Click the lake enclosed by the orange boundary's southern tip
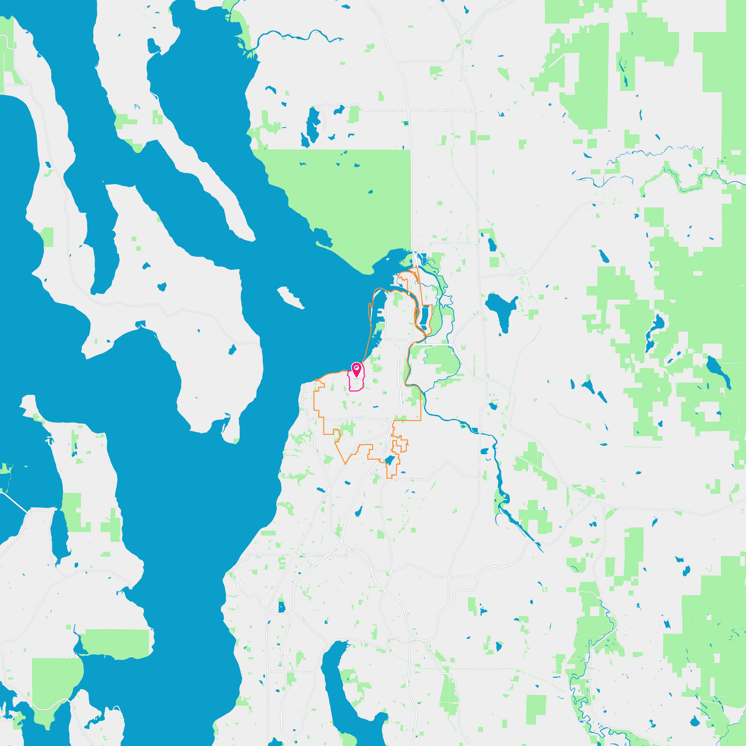(x=389, y=460)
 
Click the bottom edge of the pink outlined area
(x=355, y=390)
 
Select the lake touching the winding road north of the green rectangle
(x=339, y=110)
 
